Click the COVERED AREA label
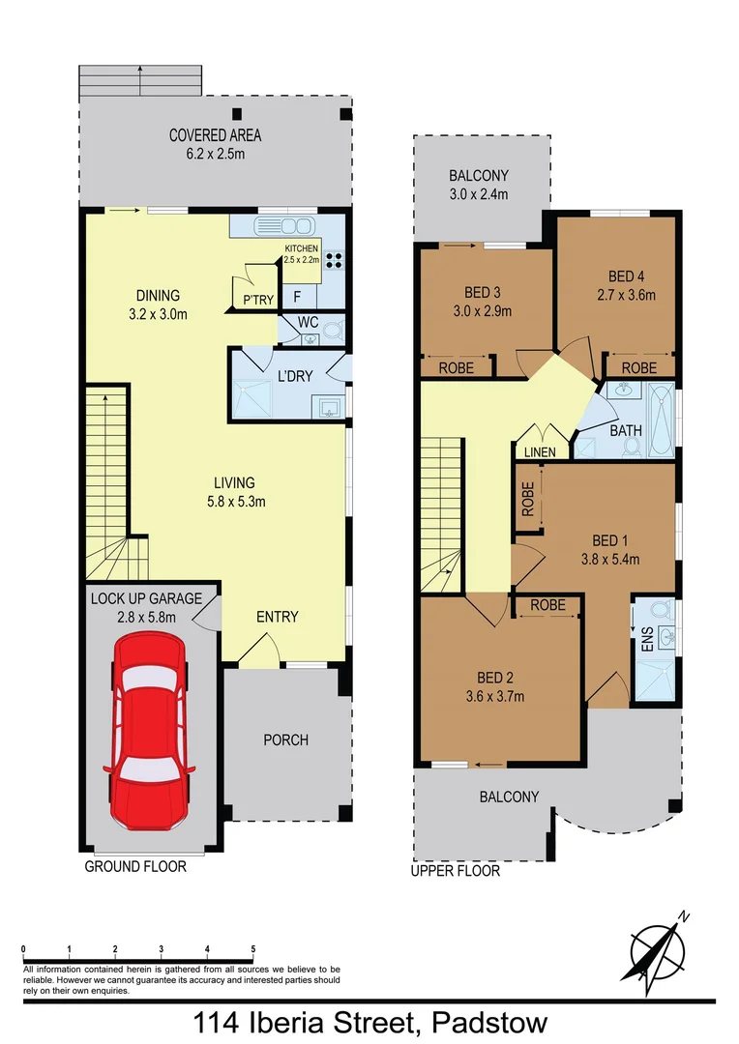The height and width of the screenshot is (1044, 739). (x=215, y=135)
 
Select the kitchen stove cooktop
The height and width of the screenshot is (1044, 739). (x=335, y=259)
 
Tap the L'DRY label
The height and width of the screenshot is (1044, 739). (x=294, y=376)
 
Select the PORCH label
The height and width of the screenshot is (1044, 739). (x=286, y=739)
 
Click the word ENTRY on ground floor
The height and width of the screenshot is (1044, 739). (x=277, y=617)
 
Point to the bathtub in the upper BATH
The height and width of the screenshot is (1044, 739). (x=662, y=419)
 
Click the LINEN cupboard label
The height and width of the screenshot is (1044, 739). (x=540, y=451)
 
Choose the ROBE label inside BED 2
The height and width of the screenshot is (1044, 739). (x=547, y=605)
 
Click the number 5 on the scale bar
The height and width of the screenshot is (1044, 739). (x=253, y=949)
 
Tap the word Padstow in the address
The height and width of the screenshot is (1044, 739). (x=490, y=1022)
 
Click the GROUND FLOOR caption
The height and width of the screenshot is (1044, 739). (x=135, y=867)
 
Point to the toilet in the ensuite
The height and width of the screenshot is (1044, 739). (x=661, y=610)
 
